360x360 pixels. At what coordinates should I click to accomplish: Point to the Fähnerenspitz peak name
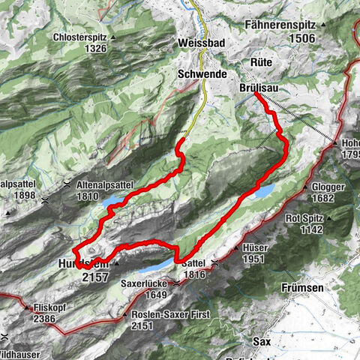283,25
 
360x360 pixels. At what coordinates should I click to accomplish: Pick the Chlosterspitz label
82,37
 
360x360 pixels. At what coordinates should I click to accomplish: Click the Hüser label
254,247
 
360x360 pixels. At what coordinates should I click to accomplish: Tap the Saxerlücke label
145,284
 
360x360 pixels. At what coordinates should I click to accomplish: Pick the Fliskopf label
50,307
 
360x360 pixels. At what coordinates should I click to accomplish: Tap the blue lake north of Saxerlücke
147,267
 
